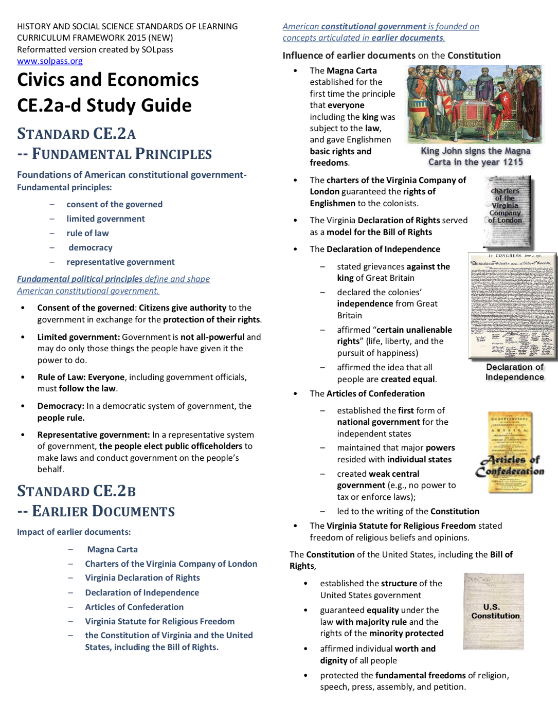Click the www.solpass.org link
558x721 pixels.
click(x=50, y=61)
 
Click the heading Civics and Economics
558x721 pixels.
click(x=108, y=80)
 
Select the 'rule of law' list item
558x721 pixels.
click(x=87, y=233)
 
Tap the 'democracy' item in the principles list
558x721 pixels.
click(x=91, y=247)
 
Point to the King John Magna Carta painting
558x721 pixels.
click(x=474, y=104)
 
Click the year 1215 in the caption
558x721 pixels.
click(x=513, y=162)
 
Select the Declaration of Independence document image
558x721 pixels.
click(x=513, y=305)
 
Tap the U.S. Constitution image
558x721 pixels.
click(x=494, y=611)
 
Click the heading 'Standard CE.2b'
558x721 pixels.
click(x=77, y=491)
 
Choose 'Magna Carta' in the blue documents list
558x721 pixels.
click(x=112, y=549)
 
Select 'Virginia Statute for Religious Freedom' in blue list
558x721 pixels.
click(x=159, y=621)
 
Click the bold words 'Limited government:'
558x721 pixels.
click(x=78, y=337)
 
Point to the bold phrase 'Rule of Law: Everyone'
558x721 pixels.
click(x=81, y=377)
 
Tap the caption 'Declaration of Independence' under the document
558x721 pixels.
click(x=514, y=372)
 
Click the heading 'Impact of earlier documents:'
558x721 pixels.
click(x=74, y=532)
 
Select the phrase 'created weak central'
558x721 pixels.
click(x=378, y=474)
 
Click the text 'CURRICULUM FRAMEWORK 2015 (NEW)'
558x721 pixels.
click(x=95, y=38)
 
